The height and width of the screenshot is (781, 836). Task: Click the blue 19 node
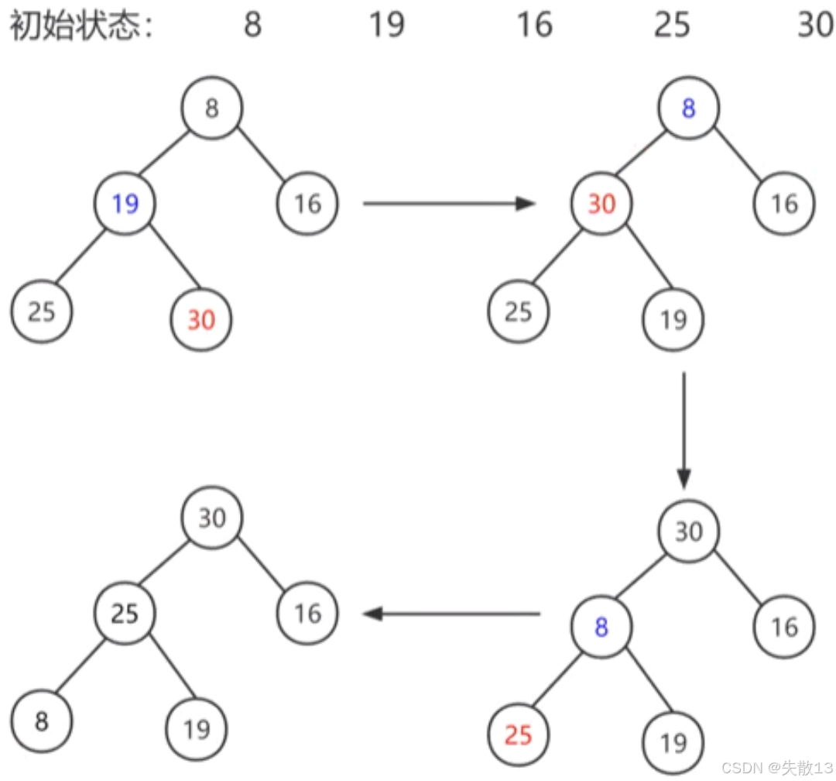125,204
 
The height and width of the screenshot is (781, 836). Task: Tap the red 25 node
518,733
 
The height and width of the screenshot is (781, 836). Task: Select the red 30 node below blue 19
200,318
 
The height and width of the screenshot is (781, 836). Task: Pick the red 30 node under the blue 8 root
601,204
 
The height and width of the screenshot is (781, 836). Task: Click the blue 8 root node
688,108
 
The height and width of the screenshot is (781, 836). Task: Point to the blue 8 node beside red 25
601,627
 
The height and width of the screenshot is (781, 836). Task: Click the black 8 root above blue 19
212,108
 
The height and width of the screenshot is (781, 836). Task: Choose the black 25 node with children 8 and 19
125,614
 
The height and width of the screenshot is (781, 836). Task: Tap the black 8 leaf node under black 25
42,722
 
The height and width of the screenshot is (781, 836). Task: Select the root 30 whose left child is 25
212,518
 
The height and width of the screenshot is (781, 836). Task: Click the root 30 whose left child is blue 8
688,532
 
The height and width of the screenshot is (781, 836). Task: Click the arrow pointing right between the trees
449,204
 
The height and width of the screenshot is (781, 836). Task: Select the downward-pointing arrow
684,430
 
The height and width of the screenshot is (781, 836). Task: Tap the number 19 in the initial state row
385,26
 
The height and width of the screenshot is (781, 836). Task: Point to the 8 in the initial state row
252,26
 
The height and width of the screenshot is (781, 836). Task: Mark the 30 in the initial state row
815,26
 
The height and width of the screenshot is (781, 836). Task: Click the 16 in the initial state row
534,26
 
